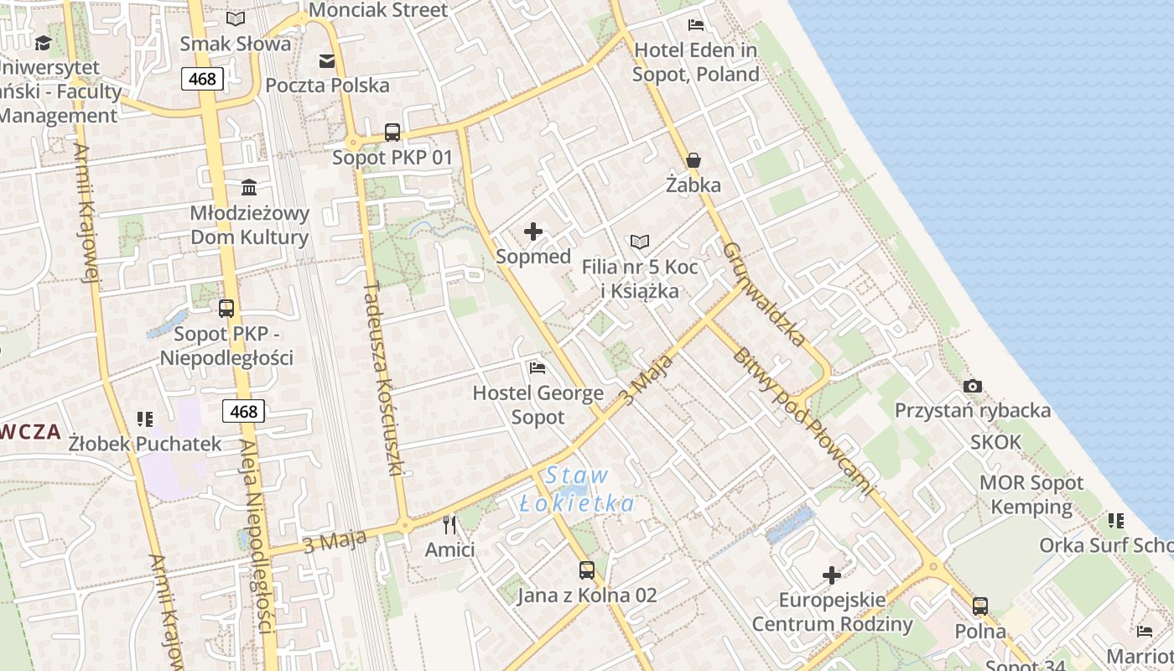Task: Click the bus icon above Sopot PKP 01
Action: (392, 132)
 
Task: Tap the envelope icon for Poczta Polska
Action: (327, 60)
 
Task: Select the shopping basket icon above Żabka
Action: (693, 159)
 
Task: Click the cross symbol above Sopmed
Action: (533, 231)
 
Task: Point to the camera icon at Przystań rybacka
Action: (973, 386)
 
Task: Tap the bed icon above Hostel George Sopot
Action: (538, 367)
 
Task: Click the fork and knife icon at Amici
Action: (449, 525)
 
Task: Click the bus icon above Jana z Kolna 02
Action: (587, 570)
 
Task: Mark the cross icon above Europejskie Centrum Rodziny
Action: (832, 575)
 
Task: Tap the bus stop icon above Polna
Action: (980, 606)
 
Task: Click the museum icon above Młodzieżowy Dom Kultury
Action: (249, 187)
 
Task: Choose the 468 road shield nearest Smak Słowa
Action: (202, 79)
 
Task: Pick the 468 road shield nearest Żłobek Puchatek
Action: (243, 411)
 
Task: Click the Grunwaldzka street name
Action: (764, 295)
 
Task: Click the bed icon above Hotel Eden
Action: (695, 24)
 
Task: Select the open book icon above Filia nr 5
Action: (640, 242)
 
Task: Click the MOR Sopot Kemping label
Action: (1031, 495)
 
